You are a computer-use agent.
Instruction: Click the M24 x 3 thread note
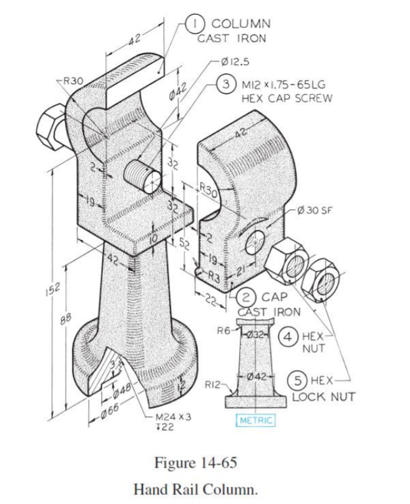click(174, 416)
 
